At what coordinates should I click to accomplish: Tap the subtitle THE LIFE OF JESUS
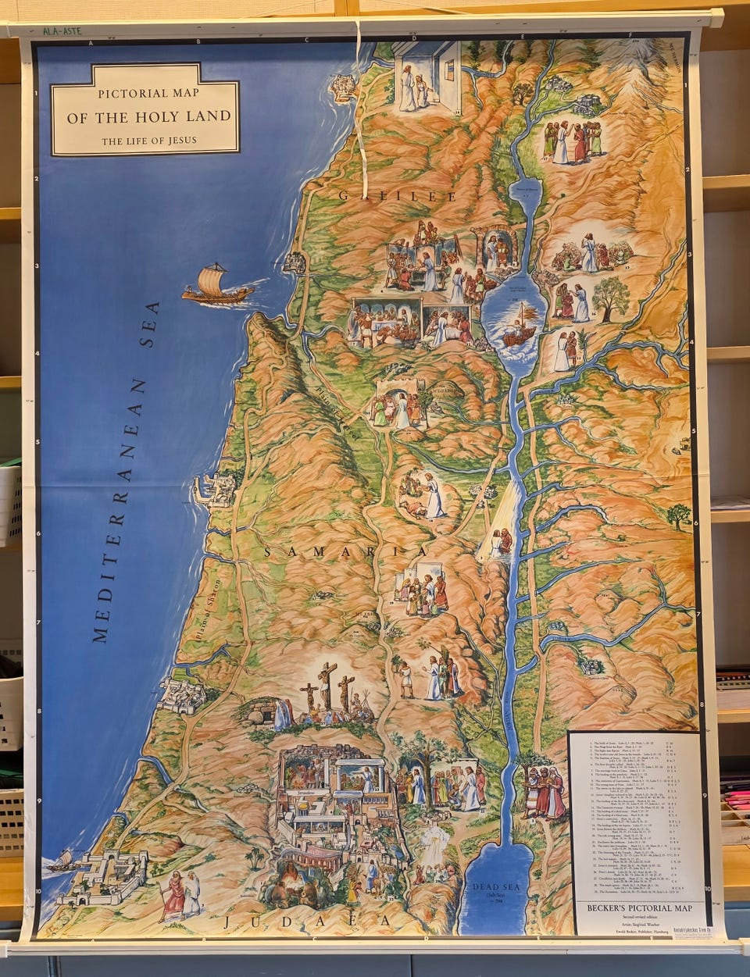[x=148, y=141]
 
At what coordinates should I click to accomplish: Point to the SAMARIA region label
[x=346, y=552]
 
